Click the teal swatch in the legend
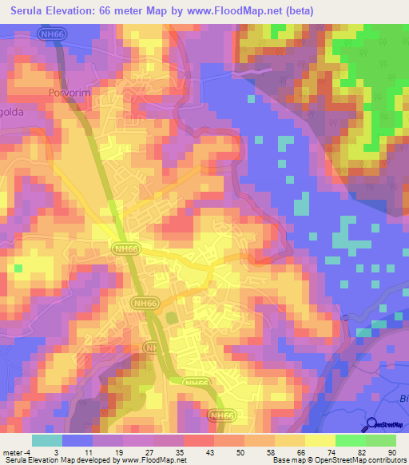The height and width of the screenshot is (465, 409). tap(46, 440)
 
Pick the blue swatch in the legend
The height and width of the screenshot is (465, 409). tap(77, 440)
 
